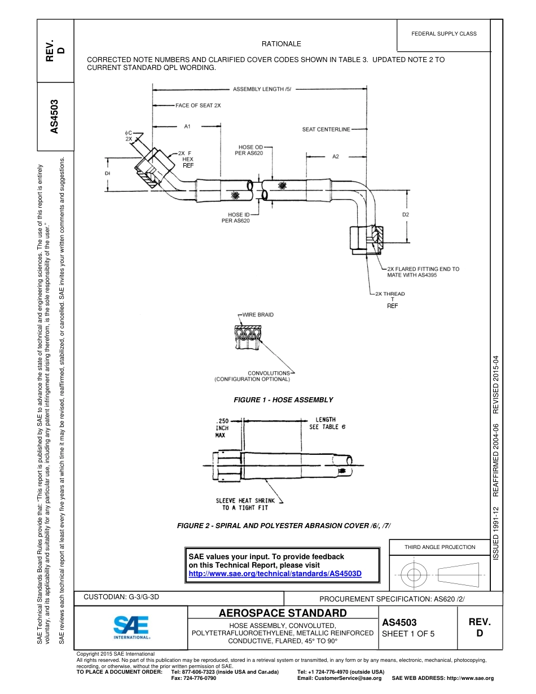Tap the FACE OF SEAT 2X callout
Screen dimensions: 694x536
[x=198, y=106]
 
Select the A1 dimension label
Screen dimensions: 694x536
[x=188, y=127]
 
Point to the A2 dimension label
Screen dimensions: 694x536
[x=335, y=156]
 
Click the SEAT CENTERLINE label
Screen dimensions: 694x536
[x=326, y=129]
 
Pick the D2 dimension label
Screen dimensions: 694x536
[x=406, y=214]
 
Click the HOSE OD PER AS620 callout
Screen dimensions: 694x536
[x=249, y=151]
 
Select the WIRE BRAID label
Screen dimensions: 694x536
[x=258, y=315]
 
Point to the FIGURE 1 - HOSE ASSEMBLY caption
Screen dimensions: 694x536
[x=283, y=400]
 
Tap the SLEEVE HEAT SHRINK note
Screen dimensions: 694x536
[x=245, y=504]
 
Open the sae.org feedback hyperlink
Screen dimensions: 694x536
[x=275, y=574]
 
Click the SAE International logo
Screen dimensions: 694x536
[x=131, y=626]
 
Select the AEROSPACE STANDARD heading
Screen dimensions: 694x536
[x=283, y=613]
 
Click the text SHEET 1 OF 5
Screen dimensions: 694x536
[x=408, y=634]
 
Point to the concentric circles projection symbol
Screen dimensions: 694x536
[x=414, y=575]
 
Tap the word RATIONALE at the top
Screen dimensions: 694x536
[x=281, y=44]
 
